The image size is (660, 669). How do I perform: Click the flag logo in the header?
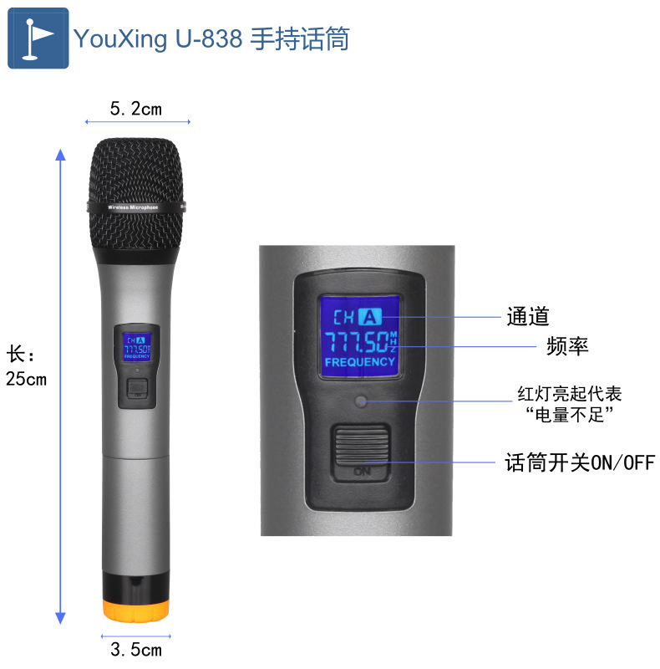pos(38,38)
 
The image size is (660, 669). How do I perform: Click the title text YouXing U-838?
pos(159,39)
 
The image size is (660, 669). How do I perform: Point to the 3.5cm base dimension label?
pos(136,649)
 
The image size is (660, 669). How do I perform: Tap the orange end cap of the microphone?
pos(137,608)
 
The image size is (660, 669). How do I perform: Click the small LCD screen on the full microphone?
pos(135,345)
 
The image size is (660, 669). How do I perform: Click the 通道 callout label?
pos(528,317)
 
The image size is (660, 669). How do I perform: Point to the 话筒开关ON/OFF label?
pos(580,462)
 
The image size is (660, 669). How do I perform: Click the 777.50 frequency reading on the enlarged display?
pos(356,341)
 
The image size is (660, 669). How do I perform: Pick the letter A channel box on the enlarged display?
pos(370,317)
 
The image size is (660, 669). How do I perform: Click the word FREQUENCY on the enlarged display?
pos(359,362)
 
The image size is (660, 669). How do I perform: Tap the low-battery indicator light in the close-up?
pos(362,401)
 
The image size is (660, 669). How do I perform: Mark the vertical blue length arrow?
pos(60,385)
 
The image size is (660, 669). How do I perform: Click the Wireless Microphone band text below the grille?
pos(136,206)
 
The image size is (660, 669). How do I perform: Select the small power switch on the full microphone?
pos(137,387)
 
